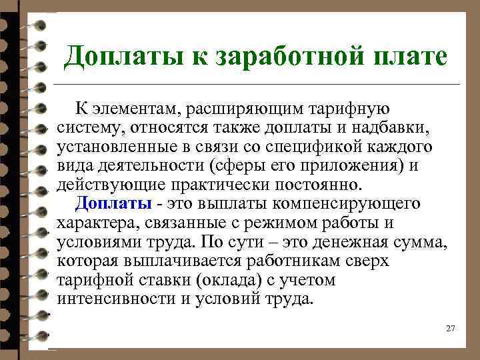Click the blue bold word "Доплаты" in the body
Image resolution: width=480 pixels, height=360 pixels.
point(113,203)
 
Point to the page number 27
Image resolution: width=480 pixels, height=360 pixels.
point(450,329)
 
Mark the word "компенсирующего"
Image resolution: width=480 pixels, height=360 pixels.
point(346,203)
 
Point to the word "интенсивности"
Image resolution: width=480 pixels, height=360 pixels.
point(116,298)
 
